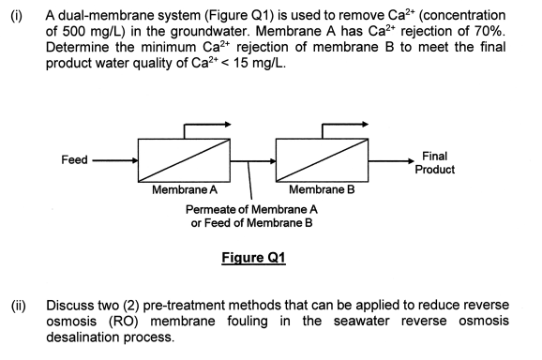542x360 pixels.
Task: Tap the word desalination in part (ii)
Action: click(x=94, y=336)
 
